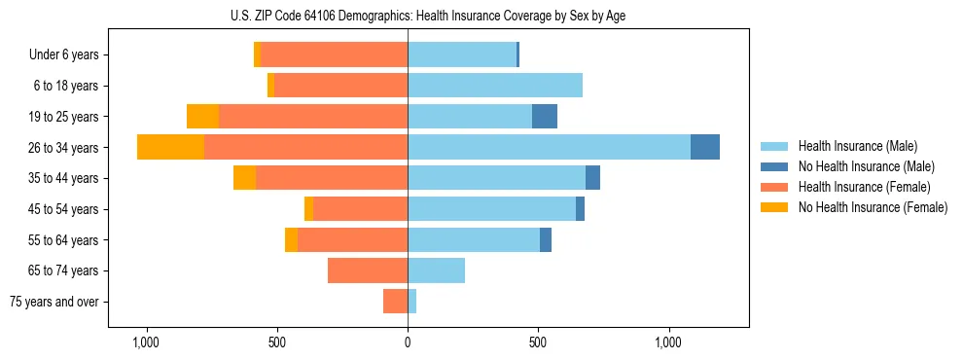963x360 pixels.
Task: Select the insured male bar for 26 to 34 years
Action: pyautogui.click(x=549, y=147)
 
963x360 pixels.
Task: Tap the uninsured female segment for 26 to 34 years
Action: pyautogui.click(x=170, y=147)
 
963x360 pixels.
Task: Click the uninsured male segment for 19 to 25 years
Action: pyautogui.click(x=545, y=117)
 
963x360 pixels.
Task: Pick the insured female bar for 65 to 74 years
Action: pyautogui.click(x=368, y=270)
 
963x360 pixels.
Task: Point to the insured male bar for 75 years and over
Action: pyautogui.click(x=412, y=302)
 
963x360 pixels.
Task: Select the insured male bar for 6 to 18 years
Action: pyautogui.click(x=495, y=86)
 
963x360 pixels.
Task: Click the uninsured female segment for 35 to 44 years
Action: pyautogui.click(x=244, y=178)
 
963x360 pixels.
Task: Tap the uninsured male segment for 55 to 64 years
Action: pyautogui.click(x=546, y=239)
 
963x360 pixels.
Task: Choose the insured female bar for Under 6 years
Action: pyautogui.click(x=334, y=54)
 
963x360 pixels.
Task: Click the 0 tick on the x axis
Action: pyautogui.click(x=408, y=343)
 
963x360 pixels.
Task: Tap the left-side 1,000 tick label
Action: pyautogui.click(x=146, y=343)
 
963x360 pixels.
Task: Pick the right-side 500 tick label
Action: pyautogui.click(x=538, y=343)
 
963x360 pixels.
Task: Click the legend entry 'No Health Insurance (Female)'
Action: pyautogui.click(x=873, y=207)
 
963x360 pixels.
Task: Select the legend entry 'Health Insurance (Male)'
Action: pyautogui.click(x=858, y=146)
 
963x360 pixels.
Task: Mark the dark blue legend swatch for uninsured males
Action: pyautogui.click(x=775, y=166)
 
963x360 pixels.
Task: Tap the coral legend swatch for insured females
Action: pyautogui.click(x=775, y=187)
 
